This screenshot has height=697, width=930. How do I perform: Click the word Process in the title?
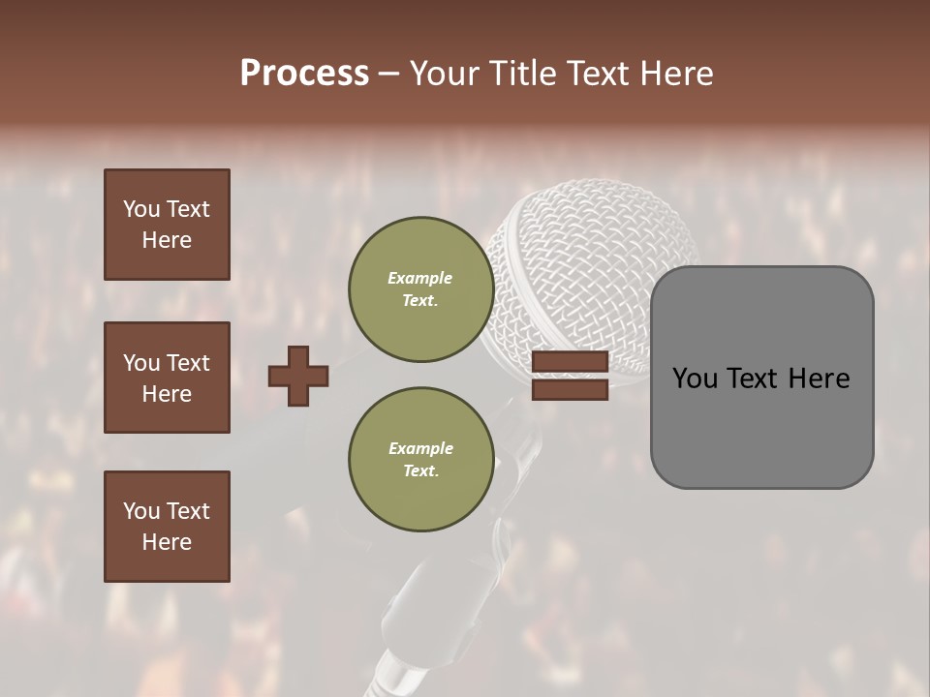[304, 74]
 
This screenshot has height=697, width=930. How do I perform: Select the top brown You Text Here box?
[167, 225]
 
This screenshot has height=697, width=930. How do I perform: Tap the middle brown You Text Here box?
[167, 378]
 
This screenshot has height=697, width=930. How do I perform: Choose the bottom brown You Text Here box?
[167, 526]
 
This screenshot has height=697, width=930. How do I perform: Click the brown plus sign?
[298, 376]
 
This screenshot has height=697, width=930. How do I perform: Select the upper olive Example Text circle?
[420, 289]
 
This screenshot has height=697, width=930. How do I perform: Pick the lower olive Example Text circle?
[420, 460]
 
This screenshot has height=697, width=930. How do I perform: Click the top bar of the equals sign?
[570, 362]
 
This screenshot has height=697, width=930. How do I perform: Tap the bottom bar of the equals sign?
[570, 389]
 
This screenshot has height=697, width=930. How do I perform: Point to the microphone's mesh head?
[591, 252]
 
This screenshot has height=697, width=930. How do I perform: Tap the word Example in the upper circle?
[420, 278]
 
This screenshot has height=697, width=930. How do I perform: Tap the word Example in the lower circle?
[420, 448]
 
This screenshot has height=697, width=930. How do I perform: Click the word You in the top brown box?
[140, 209]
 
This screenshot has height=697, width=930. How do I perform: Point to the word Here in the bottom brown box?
[167, 542]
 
